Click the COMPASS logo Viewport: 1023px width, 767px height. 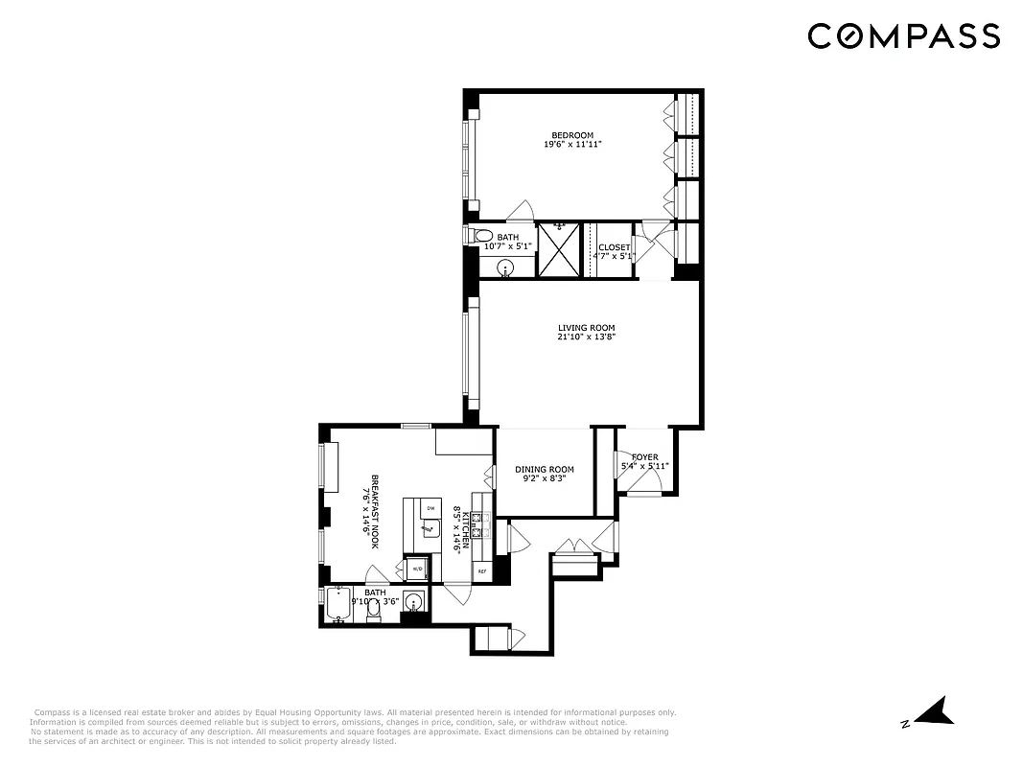[903, 36]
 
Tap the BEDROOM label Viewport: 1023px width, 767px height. [571, 135]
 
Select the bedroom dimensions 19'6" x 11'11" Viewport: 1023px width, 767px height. [571, 145]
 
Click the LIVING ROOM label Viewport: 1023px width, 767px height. [585, 328]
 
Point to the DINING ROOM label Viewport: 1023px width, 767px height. [544, 470]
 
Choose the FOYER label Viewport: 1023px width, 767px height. [644, 457]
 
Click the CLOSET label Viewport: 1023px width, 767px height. [615, 247]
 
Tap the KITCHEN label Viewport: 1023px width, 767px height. [466, 529]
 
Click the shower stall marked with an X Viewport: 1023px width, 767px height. [558, 249]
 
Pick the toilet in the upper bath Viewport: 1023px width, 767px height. [483, 236]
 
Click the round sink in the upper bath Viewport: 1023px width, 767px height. [505, 267]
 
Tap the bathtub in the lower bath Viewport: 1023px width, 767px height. [339, 604]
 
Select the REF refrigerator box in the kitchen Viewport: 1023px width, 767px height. [481, 571]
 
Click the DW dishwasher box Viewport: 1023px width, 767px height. [430, 508]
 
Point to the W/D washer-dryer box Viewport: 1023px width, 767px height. [416, 569]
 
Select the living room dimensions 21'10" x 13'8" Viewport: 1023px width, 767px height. [585, 337]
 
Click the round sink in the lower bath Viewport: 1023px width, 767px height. [413, 603]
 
